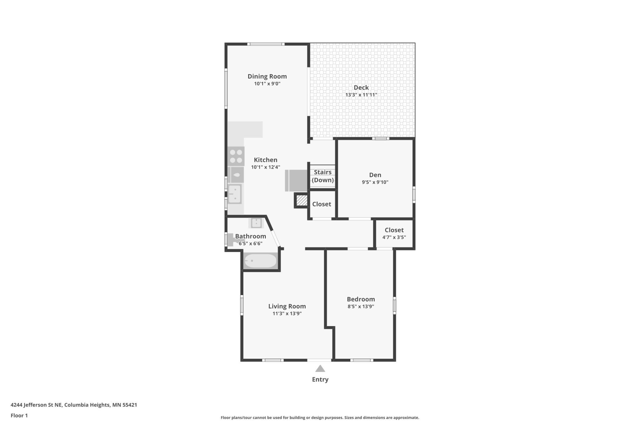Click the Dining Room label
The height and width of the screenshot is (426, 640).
267,76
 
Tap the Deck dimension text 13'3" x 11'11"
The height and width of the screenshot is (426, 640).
361,95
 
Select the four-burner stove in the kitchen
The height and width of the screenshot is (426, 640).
236,156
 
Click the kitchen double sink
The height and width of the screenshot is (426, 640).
235,194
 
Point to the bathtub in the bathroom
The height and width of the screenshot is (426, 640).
261,261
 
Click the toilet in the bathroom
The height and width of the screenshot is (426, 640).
234,240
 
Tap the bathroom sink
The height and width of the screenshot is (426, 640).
256,223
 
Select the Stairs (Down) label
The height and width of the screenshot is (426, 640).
323,176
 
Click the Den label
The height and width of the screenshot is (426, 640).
375,175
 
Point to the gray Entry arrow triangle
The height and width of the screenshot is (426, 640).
320,368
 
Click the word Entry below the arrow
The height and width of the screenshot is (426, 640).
320,380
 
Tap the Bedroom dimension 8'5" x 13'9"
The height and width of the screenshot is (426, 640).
361,306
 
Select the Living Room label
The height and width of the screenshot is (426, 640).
287,306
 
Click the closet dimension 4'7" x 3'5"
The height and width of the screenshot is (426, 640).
394,237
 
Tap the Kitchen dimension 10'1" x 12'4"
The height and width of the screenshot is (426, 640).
266,167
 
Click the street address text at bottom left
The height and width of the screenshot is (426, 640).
74,405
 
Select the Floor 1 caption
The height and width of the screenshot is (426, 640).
19,416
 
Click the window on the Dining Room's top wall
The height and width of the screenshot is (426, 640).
266,44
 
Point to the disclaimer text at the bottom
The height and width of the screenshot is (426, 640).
320,417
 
